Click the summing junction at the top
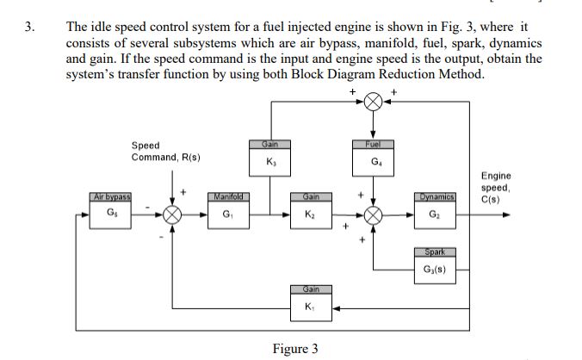374,102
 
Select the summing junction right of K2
374,214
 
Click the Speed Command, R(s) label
165,152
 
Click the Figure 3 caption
294,349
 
